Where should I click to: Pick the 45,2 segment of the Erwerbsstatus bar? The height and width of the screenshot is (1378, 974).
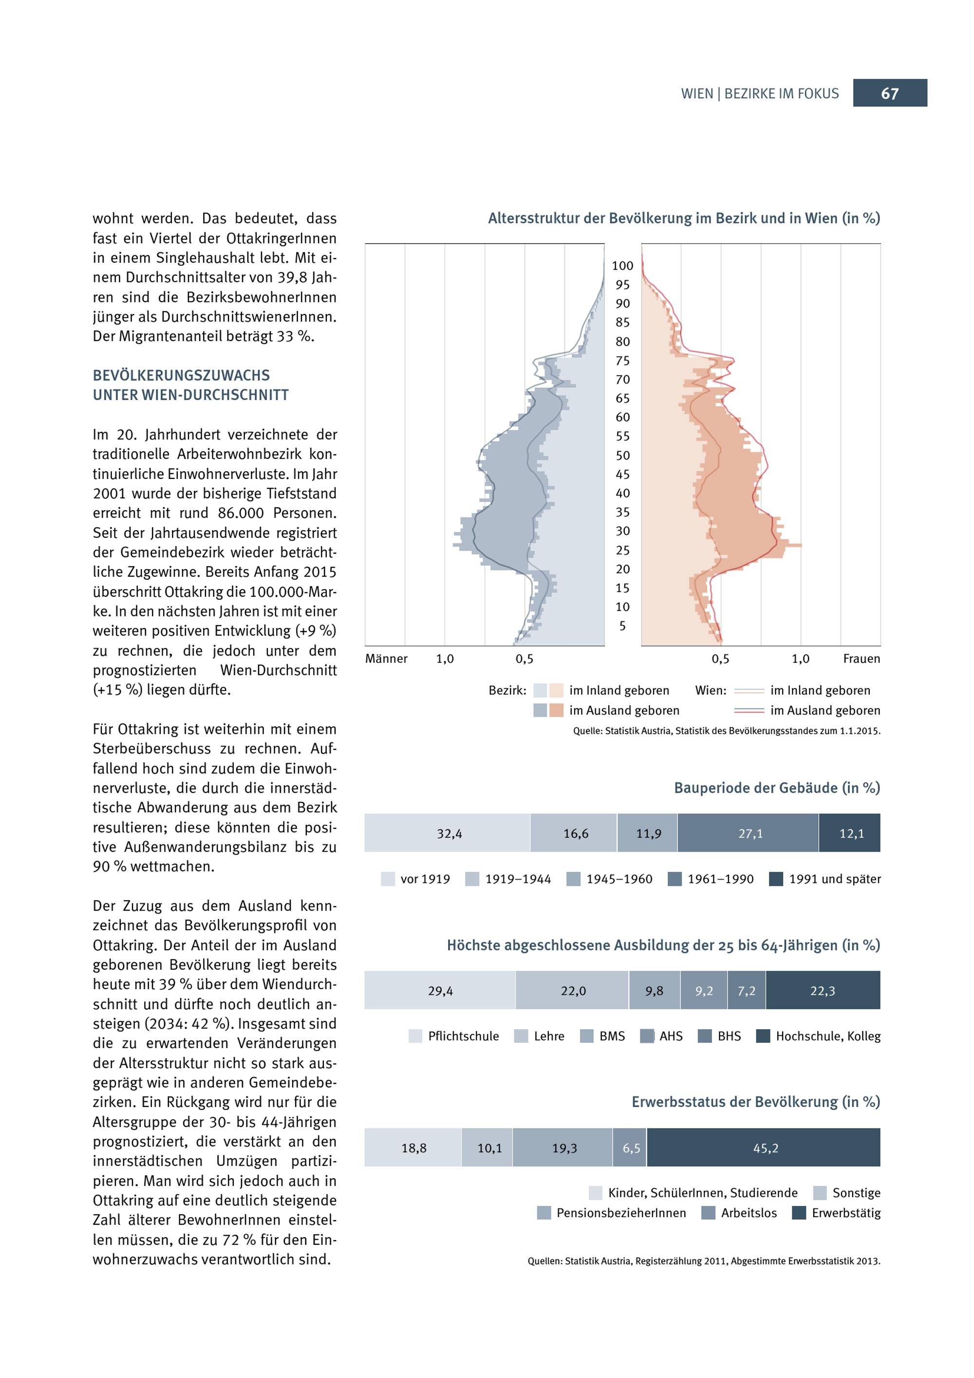pos(765,1148)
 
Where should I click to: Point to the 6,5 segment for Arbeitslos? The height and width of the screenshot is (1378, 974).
pos(630,1148)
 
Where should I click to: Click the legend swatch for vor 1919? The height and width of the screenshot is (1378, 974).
pos(388,879)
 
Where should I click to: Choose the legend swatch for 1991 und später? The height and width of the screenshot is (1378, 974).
pos(776,879)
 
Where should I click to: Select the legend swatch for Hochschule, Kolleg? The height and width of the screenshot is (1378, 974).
pos(763,1036)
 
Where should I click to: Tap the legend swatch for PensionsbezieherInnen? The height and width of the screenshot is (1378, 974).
pos(544,1213)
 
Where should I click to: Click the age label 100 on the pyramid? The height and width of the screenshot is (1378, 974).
pos(622,266)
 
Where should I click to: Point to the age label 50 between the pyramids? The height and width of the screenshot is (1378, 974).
pos(622,456)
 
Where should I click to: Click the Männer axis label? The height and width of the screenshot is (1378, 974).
pos(386,659)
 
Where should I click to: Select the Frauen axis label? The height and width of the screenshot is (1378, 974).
pos(861,659)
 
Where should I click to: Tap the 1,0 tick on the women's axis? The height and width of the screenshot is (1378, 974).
pos(800,659)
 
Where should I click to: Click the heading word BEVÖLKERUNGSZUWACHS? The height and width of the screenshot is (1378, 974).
pos(181,376)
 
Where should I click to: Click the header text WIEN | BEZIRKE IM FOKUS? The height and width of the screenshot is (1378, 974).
pos(760,94)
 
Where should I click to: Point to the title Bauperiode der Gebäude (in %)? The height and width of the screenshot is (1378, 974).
pos(777,788)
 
